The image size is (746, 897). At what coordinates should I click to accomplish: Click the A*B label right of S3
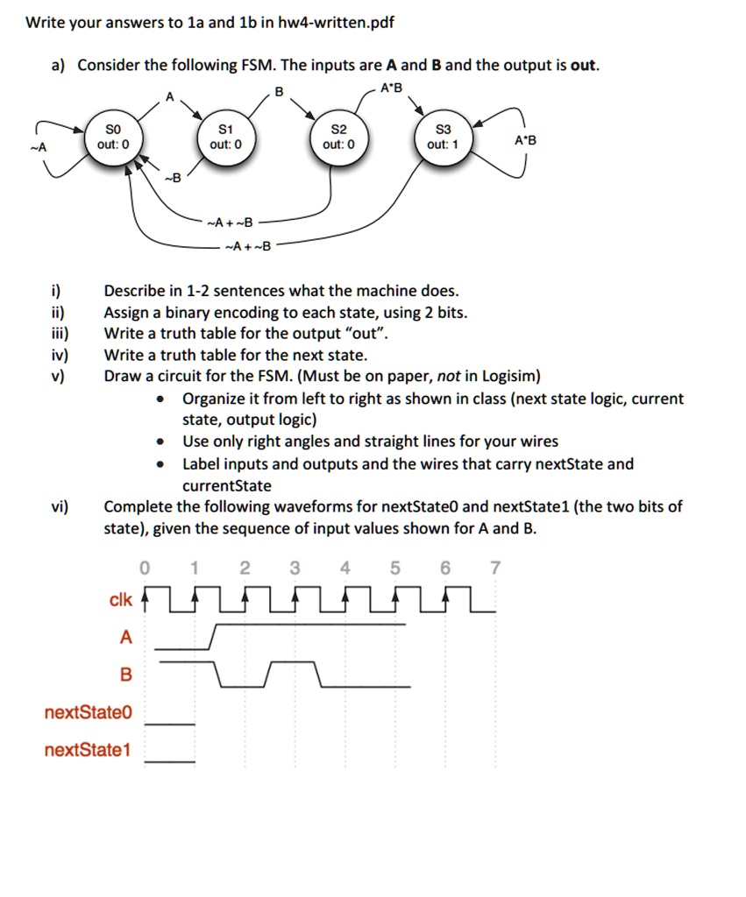point(526,140)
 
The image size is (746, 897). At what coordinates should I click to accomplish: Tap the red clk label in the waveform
point(121,600)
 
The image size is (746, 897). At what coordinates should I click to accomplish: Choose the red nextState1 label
point(88,750)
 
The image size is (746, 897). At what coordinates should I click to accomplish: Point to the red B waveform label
point(125,675)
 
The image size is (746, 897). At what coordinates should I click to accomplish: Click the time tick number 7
point(495,569)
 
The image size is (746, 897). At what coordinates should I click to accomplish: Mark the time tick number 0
point(146,569)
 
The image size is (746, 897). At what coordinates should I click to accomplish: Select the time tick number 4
point(345,569)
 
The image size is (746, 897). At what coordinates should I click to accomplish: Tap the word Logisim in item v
point(508,377)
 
